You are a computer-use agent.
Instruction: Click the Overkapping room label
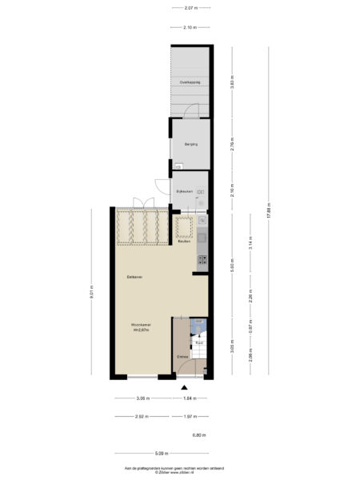pyautogui.click(x=189, y=82)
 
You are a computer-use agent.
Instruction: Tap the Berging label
pyautogui.click(x=190, y=144)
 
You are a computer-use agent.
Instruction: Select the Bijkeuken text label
pyautogui.click(x=184, y=193)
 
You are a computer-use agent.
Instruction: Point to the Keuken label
pyautogui.click(x=183, y=242)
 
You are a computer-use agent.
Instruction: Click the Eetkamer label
pyautogui.click(x=134, y=277)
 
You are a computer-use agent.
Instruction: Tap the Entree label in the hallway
pyautogui.click(x=182, y=356)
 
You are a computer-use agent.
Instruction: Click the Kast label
pyautogui.click(x=198, y=342)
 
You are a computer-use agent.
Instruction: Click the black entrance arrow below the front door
pyautogui.click(x=183, y=387)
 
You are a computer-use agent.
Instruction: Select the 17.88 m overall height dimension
pyautogui.click(x=269, y=213)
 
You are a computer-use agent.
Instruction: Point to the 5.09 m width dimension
pyautogui.click(x=161, y=453)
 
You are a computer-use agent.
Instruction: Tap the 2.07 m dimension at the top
pyautogui.click(x=190, y=9)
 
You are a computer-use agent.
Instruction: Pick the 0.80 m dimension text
pyautogui.click(x=199, y=435)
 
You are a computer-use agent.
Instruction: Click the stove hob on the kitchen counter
pyautogui.click(x=202, y=258)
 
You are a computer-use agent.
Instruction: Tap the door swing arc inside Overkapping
pyautogui.click(x=192, y=110)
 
